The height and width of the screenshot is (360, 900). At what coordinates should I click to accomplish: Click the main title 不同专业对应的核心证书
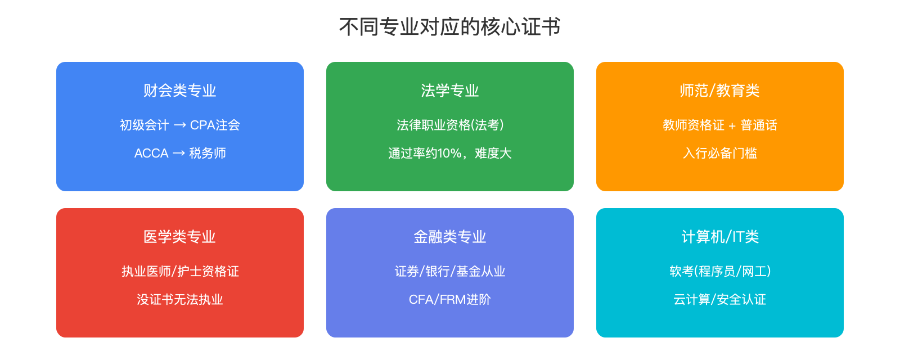450,27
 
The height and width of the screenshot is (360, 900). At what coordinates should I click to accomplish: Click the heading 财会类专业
180,91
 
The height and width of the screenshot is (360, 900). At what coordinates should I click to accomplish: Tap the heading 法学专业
450,91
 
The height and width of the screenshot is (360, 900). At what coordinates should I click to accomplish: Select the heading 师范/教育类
719,91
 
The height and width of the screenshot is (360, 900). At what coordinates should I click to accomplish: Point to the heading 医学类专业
180,237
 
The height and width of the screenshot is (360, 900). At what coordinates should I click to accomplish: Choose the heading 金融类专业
450,237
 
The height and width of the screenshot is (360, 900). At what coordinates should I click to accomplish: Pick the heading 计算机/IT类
720,237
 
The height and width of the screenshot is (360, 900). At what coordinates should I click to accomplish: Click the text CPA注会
215,125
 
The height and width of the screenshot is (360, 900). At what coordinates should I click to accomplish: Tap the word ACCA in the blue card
151,153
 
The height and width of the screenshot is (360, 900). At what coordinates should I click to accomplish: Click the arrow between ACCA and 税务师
179,153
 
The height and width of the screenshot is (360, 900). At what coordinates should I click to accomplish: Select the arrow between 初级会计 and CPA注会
180,125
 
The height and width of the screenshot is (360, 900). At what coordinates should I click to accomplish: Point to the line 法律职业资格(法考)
450,125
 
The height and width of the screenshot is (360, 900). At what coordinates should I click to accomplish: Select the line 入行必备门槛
720,153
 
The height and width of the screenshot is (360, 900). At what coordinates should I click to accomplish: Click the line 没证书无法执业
180,299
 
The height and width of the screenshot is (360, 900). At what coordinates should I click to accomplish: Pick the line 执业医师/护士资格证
180,271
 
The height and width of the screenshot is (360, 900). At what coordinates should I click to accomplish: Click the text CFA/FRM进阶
450,299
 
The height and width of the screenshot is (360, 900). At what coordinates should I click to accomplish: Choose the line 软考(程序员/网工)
720,271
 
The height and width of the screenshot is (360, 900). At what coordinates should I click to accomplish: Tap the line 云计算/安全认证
720,299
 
